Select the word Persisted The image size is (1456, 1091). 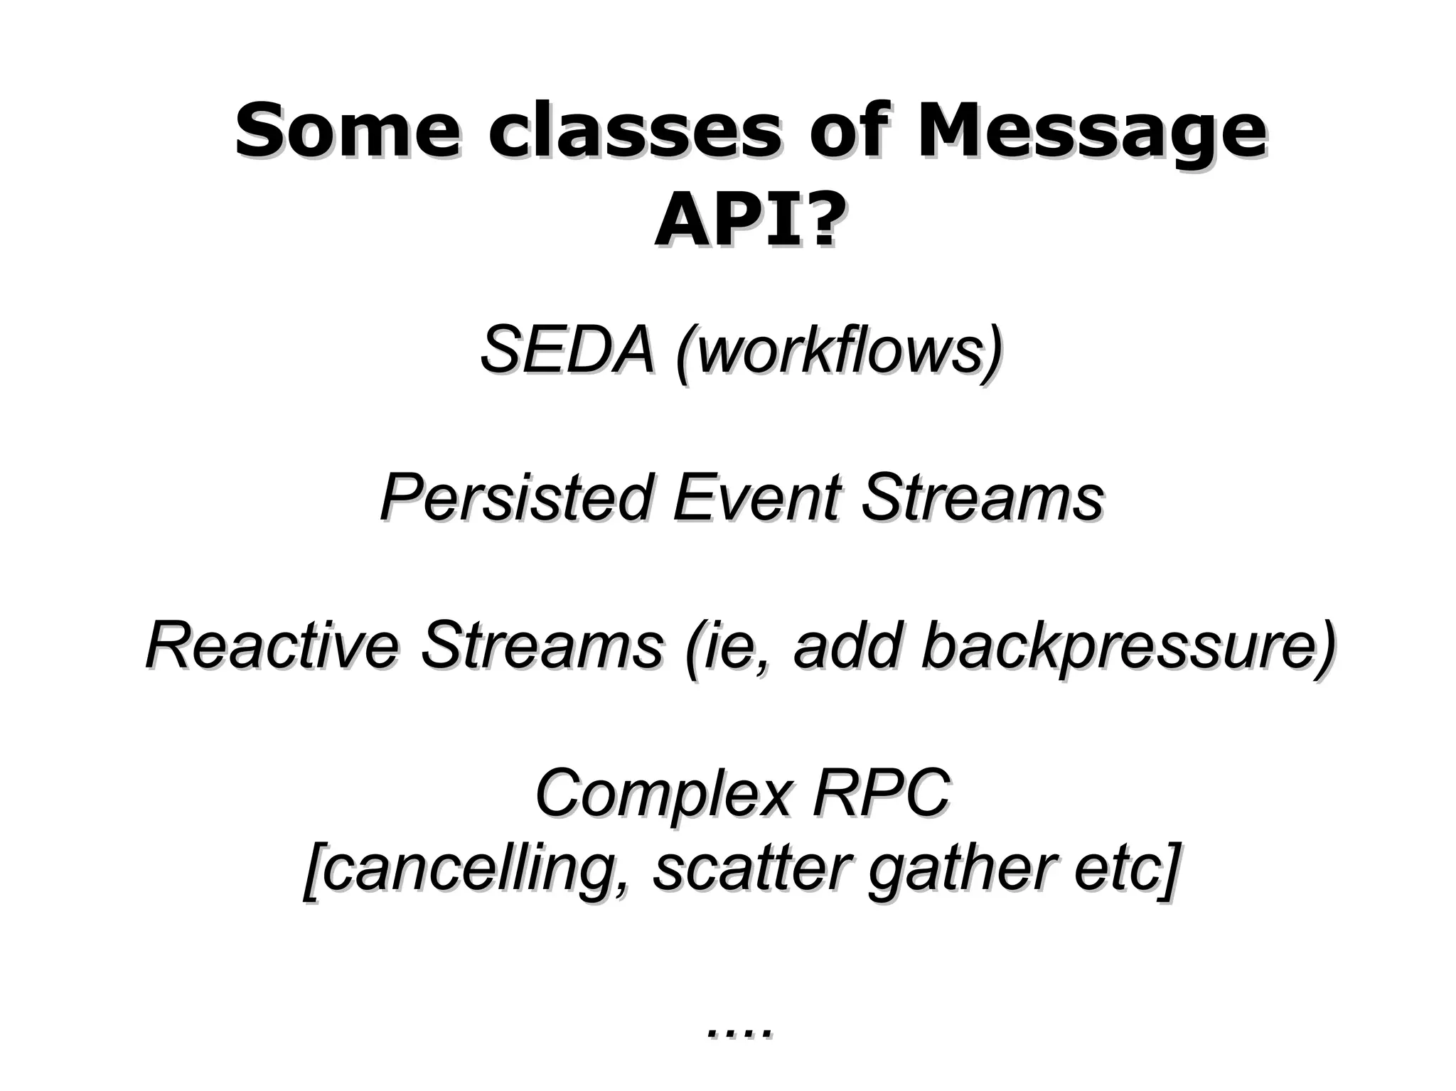tap(516, 498)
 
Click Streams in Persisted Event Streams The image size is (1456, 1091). tap(983, 498)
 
